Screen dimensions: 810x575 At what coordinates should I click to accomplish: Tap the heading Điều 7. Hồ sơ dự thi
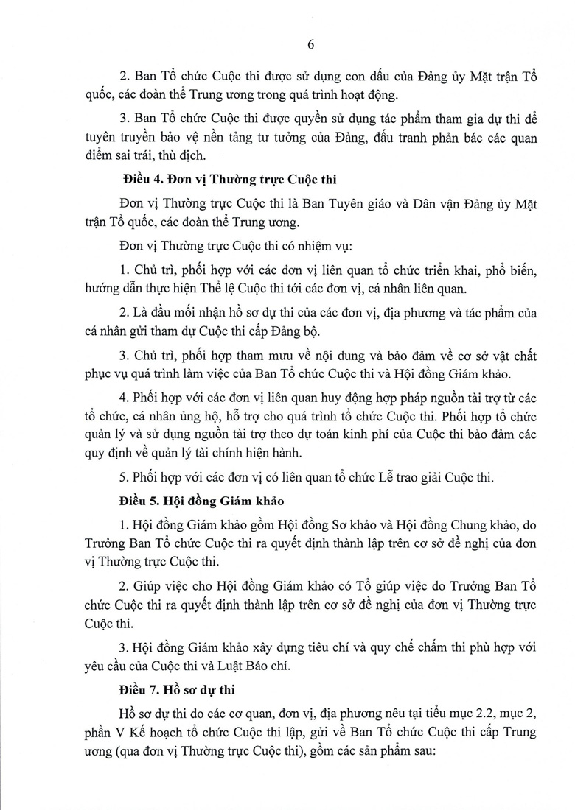175,692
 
